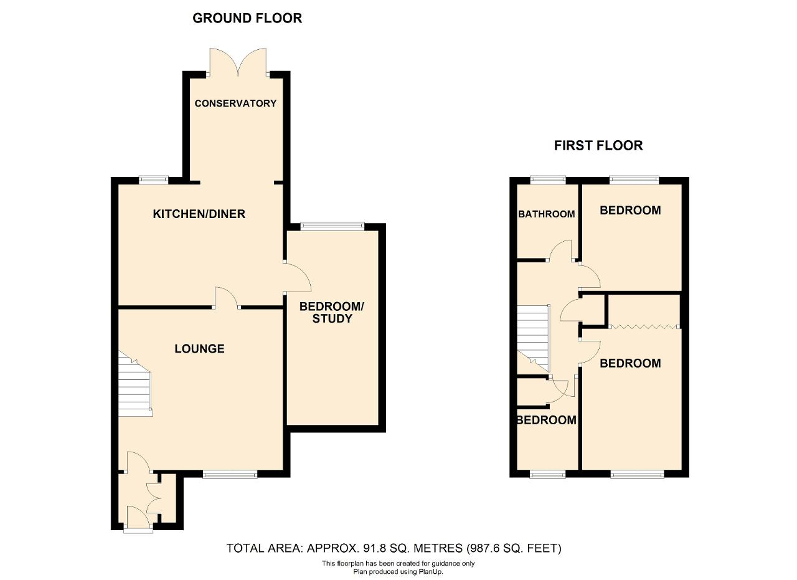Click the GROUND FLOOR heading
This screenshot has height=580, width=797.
tap(247, 18)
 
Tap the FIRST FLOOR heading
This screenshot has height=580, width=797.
tap(598, 146)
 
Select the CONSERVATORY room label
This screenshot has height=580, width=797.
tap(235, 103)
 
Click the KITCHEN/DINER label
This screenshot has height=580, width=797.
tap(199, 214)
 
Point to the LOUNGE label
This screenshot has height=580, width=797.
tap(199, 349)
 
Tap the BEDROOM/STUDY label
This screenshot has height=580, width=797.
tap(332, 313)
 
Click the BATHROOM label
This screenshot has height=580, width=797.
tap(547, 214)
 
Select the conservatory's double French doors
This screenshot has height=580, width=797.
tap(238, 62)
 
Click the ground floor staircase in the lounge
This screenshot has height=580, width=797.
tap(135, 384)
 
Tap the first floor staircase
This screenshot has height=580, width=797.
tap(534, 338)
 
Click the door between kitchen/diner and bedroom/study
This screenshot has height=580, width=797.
tap(298, 278)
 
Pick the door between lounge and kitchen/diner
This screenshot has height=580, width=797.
tap(227, 298)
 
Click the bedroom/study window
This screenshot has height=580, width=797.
tap(332, 226)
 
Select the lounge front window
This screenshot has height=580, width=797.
tap(230, 474)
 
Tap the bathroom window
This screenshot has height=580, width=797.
tap(548, 179)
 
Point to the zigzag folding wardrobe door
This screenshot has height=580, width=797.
tap(644, 326)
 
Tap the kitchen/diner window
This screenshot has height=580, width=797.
tap(153, 179)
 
